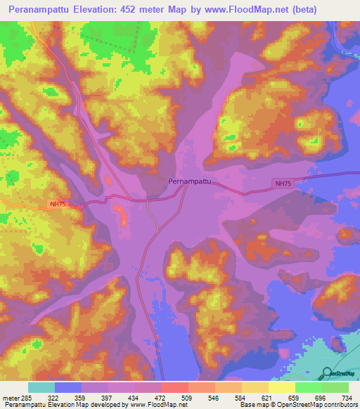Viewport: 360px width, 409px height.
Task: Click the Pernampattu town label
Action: coord(190,181)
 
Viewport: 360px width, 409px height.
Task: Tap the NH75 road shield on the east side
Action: coord(283,183)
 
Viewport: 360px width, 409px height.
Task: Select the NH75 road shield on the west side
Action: coord(58,204)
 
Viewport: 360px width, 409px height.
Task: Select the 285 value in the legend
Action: coord(27,396)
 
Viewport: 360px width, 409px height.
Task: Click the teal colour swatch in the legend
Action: coord(41,387)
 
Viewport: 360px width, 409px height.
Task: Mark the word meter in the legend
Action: coord(11,396)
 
